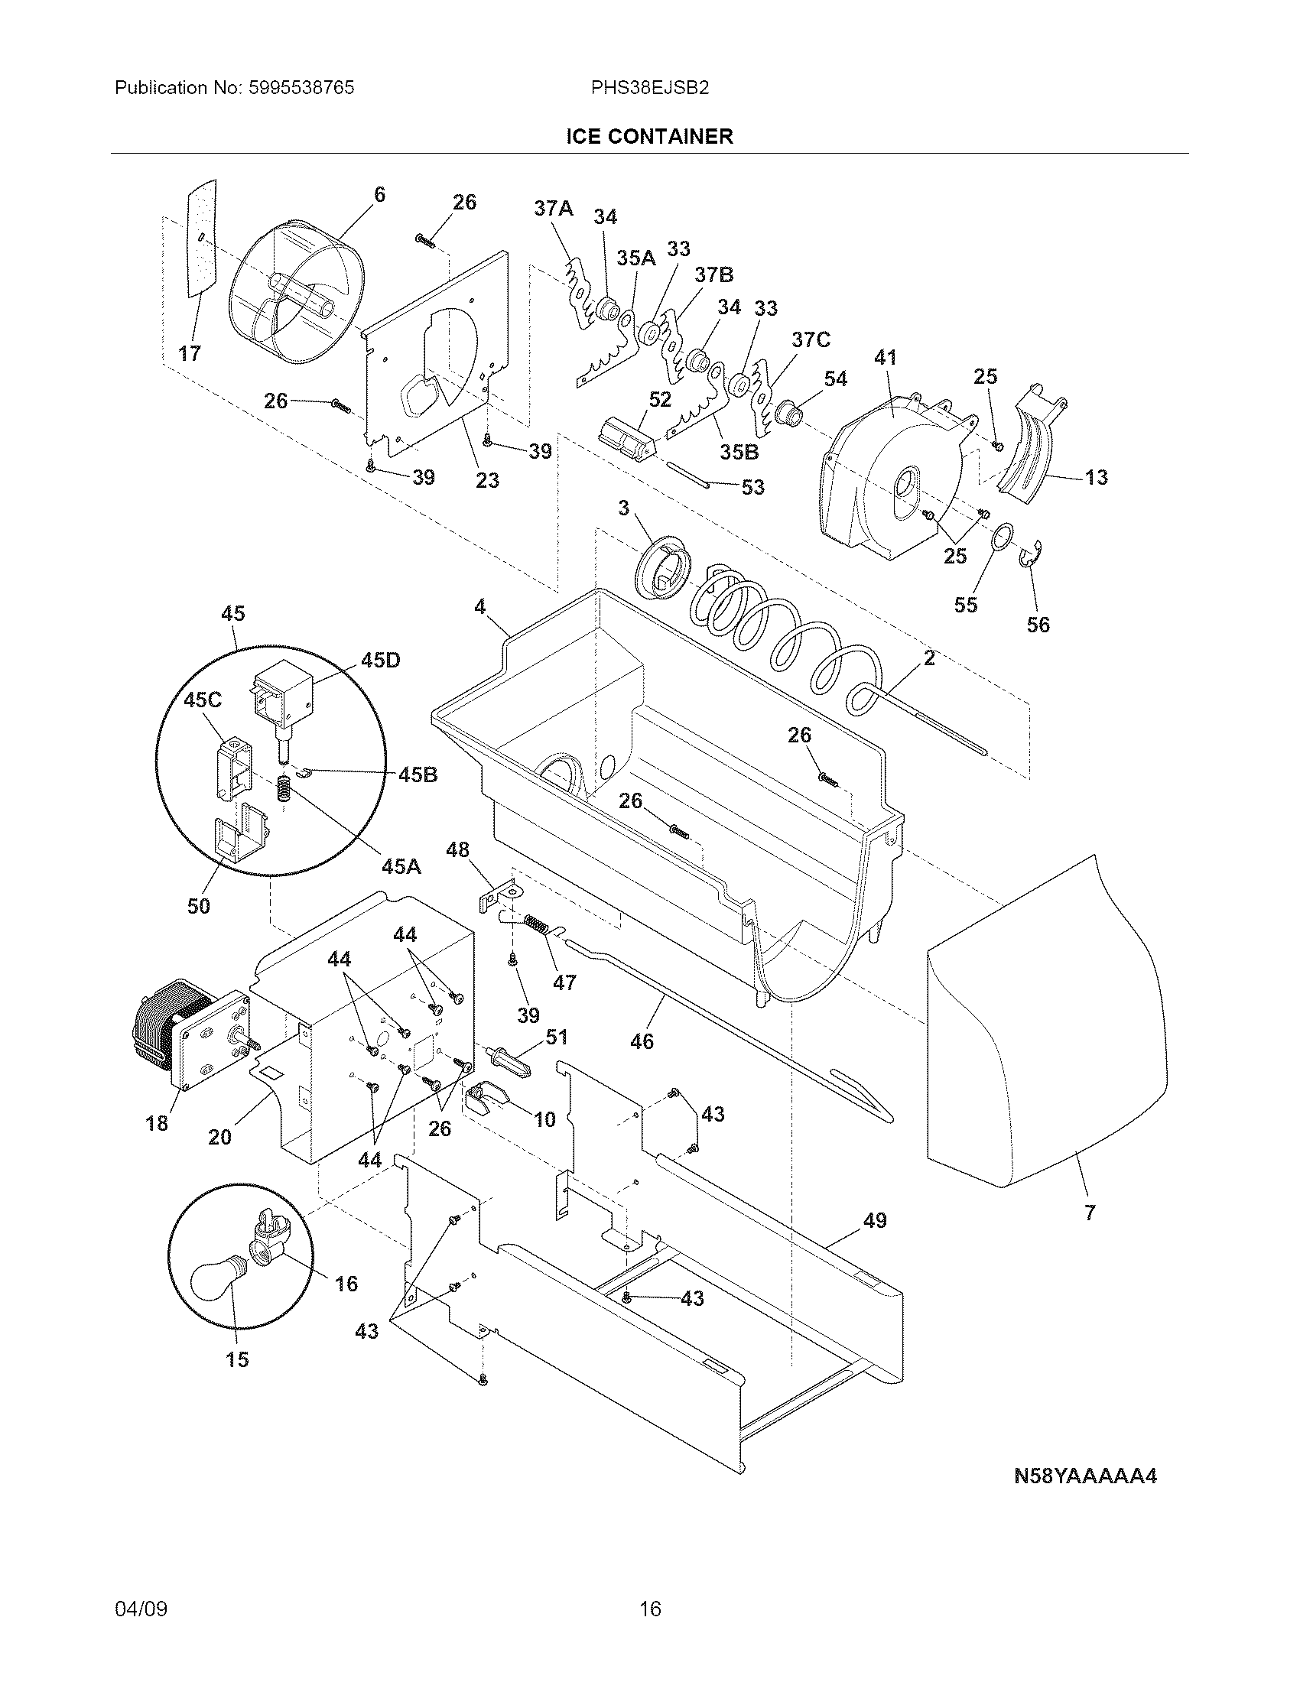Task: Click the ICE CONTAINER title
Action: pyautogui.click(x=649, y=137)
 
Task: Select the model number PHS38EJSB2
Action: pyautogui.click(x=649, y=89)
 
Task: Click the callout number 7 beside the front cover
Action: pyautogui.click(x=1089, y=1213)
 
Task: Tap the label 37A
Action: pyautogui.click(x=554, y=208)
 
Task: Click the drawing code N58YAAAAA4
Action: pyautogui.click(x=1085, y=1476)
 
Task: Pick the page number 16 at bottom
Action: pyautogui.click(x=650, y=1609)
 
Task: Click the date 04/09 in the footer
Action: pyautogui.click(x=140, y=1609)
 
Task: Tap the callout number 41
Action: pyautogui.click(x=886, y=357)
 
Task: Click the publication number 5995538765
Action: pyautogui.click(x=303, y=89)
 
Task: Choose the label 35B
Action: pyautogui.click(x=739, y=452)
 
